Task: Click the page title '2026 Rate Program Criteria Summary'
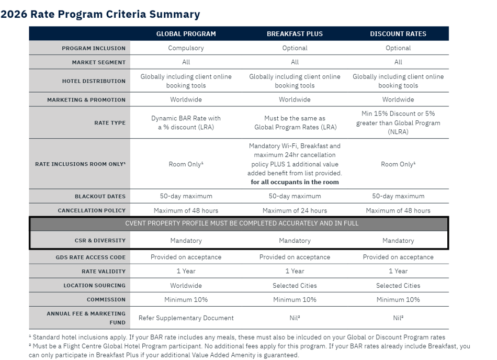pos(100,14)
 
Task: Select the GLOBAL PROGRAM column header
pos(186,34)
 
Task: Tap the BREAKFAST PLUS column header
pos(295,34)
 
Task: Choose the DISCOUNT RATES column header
pos(398,34)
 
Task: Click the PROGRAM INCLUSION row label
pos(94,48)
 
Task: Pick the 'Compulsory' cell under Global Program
pos(186,48)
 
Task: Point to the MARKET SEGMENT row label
pos(99,62)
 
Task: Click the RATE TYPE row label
pos(110,123)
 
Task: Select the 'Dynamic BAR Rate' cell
pos(186,123)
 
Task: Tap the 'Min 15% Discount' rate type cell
pos(398,123)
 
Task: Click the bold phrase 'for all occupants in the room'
pos(295,182)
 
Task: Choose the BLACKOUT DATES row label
pos(100,197)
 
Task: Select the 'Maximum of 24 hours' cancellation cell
pos(295,211)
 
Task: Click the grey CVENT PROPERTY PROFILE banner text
pos(242,223)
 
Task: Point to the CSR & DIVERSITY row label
pos(100,241)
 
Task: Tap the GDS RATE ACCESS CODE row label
pos(91,257)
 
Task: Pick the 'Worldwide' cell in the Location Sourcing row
pos(186,286)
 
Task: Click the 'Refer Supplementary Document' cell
pos(186,318)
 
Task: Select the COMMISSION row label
pos(106,300)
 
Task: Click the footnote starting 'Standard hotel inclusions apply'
pos(237,337)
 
